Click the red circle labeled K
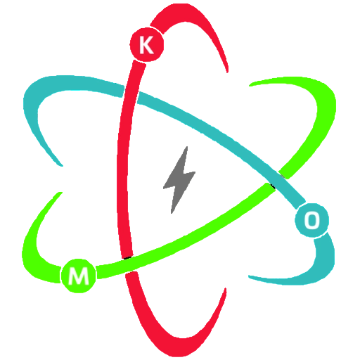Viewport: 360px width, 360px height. pos(147,44)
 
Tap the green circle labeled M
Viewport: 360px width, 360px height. pos(79,276)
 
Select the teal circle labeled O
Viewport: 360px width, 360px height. pos(311,220)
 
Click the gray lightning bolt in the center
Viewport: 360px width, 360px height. pos(179,180)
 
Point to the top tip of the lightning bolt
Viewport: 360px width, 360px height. pos(187,147)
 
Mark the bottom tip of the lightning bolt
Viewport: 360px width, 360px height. pos(172,213)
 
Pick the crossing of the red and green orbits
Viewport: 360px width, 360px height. pos(128,264)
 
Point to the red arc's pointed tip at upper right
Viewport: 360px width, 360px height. pos(227,72)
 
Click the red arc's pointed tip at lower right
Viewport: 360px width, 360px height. pos(226,288)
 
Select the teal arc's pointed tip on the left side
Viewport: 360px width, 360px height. pos(63,166)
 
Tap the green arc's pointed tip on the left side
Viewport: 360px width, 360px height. pos(61,193)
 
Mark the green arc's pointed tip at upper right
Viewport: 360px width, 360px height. pos(250,86)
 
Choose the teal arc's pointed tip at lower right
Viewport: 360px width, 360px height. pos(249,276)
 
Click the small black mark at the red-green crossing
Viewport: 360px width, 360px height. pos(128,258)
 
